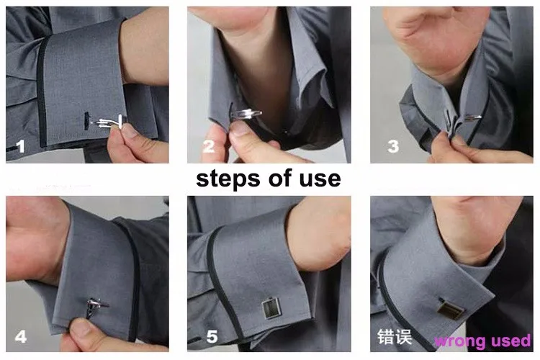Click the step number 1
pyautogui.click(x=21, y=146)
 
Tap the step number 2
pyautogui.click(x=208, y=146)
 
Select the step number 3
pyautogui.click(x=393, y=146)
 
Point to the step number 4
pyautogui.click(x=21, y=336)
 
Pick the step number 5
pyautogui.click(x=212, y=336)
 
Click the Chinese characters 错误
pyautogui.click(x=395, y=336)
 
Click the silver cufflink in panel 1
pyautogui.click(x=107, y=122)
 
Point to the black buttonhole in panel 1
pyautogui.click(x=86, y=121)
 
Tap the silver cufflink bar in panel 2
pyautogui.click(x=246, y=114)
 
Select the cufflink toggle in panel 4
pyautogui.click(x=95, y=306)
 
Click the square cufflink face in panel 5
pyautogui.click(x=271, y=308)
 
